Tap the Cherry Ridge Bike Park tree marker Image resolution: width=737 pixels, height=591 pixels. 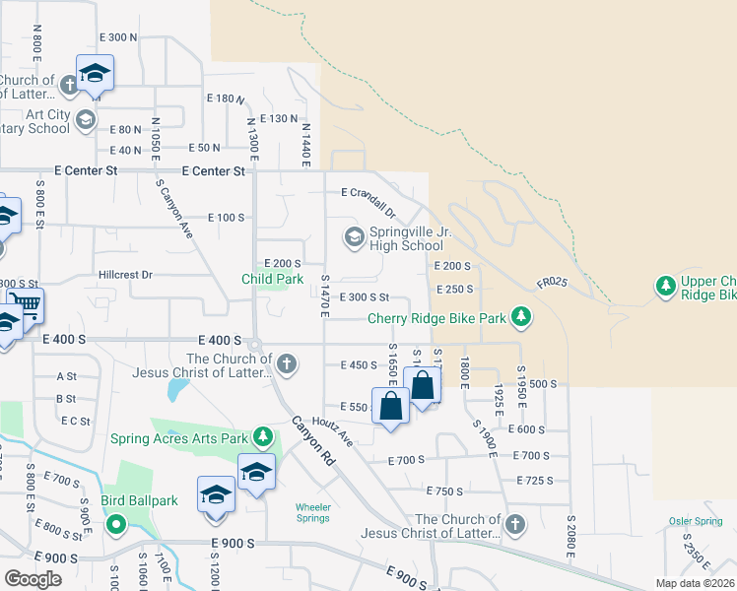point(521,317)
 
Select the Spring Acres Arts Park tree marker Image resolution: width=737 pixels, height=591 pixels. point(263,436)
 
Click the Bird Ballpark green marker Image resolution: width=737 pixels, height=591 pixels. point(115,523)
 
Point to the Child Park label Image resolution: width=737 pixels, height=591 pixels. point(273,279)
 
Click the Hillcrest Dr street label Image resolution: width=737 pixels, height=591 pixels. point(125,275)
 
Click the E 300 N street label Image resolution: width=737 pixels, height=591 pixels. point(118,36)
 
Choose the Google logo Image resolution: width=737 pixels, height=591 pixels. point(33,578)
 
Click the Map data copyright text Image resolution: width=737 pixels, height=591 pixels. point(694,583)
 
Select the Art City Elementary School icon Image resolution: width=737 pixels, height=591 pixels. point(86,120)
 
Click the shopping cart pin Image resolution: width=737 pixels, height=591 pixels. point(26,304)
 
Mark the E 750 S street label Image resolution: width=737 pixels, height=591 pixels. point(444,491)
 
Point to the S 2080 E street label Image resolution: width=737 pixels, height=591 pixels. point(570,536)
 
